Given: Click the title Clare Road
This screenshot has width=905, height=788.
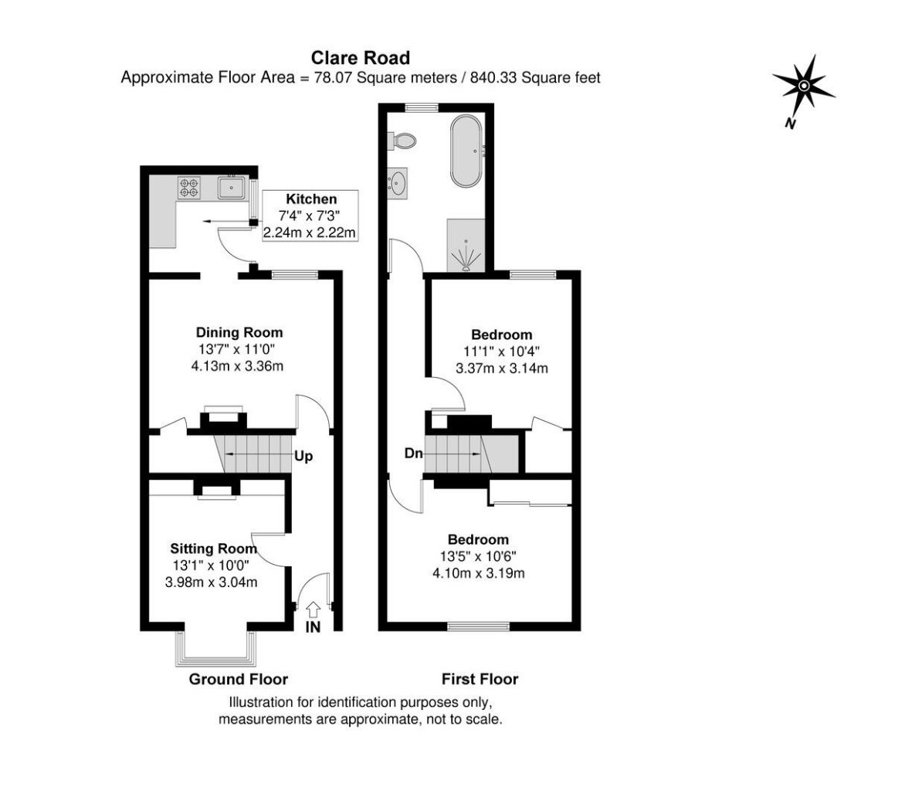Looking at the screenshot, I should tap(360, 58).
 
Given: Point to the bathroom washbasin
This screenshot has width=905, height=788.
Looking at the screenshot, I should tap(398, 184).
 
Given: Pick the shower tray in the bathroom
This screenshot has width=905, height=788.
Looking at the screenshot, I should tap(466, 246).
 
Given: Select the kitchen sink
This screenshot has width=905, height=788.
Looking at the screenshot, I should tap(232, 187).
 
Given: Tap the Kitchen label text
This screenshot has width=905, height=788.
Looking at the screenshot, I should tap(311, 199).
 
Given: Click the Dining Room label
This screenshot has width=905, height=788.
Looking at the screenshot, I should tap(239, 332).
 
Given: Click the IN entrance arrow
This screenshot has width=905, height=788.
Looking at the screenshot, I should tap(314, 610).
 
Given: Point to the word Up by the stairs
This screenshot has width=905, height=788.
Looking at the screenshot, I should tap(303, 457).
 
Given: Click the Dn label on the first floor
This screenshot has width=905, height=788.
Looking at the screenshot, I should tap(413, 453).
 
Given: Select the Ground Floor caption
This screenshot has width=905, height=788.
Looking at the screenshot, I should tap(238, 679).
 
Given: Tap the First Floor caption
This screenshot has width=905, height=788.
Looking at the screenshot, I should tap(480, 679).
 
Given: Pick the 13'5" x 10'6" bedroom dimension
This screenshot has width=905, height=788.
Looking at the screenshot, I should tap(479, 556).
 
